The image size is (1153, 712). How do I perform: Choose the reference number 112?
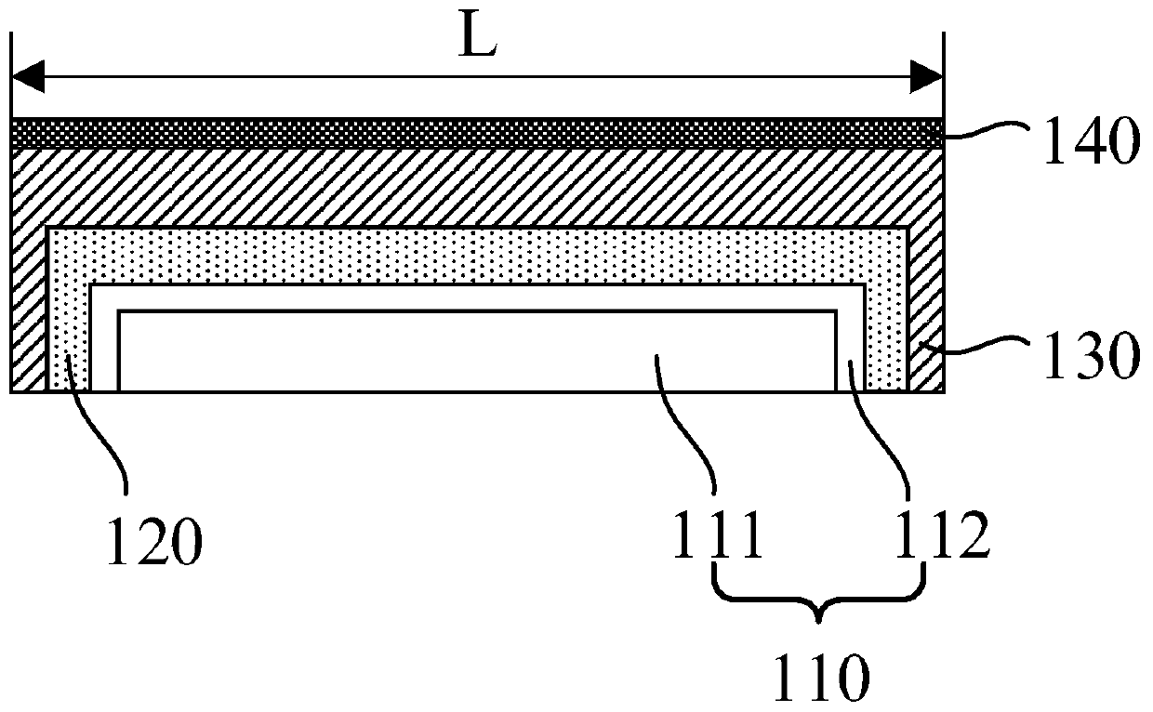(x=942, y=540)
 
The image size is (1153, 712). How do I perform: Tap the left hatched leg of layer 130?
(x=28, y=316)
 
